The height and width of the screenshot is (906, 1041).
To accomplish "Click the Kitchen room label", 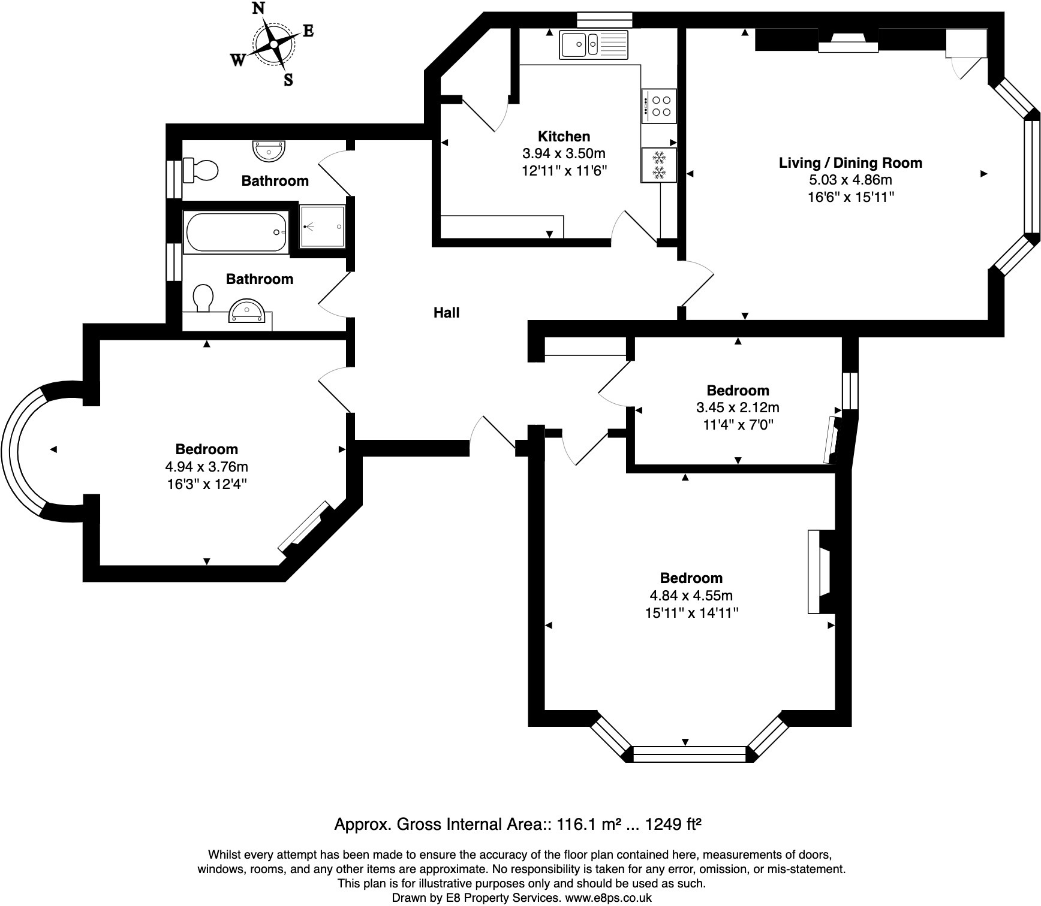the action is coord(564,136).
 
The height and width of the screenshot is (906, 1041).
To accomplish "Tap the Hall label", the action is coord(447,312).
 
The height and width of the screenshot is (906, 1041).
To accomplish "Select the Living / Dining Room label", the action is coord(850,162).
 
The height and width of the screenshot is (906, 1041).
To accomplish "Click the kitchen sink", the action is coord(594,45).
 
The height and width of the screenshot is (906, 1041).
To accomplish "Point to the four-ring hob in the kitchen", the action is coord(659,106).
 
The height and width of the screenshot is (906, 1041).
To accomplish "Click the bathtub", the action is coord(237,232).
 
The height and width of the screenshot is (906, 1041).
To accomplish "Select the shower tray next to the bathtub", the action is coord(323,226).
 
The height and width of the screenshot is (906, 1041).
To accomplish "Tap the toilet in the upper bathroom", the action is coord(200,170).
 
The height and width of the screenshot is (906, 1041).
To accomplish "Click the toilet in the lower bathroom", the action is coord(203,298).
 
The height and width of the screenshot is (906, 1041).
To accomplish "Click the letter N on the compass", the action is coord(258,8).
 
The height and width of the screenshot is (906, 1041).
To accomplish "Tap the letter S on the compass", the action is coord(288,80).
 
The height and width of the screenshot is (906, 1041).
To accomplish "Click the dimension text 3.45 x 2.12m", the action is coord(738,408).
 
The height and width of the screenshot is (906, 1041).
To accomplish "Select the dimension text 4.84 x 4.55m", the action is coord(691,596).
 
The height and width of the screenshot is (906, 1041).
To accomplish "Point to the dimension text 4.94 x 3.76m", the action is coord(206,466).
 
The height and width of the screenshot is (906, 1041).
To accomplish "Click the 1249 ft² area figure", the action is coord(673,825).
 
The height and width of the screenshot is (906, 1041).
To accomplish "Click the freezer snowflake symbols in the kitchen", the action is coord(659,165).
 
